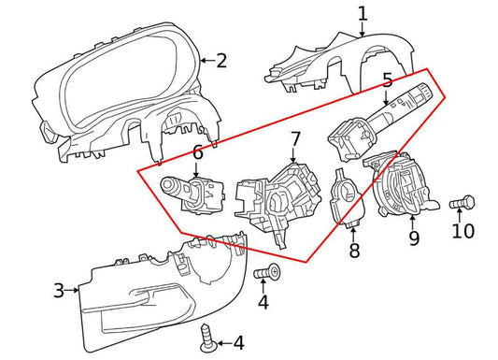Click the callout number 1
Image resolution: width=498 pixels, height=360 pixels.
pyautogui.click(x=363, y=14)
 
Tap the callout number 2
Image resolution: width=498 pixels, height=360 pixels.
pyautogui.click(x=221, y=61)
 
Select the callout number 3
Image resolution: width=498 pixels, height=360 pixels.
pyautogui.click(x=59, y=291)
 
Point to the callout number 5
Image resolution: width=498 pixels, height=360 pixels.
pyautogui.click(x=387, y=80)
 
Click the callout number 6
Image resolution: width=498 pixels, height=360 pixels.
pyautogui.click(x=197, y=152)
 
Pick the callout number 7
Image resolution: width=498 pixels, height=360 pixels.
pyautogui.click(x=295, y=139)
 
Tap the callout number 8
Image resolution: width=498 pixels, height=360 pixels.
pyautogui.click(x=354, y=250)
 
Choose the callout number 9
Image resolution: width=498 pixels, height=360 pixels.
pyautogui.click(x=414, y=238)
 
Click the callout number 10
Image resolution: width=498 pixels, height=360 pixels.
pyautogui.click(x=463, y=231)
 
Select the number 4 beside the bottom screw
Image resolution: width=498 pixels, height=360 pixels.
pyautogui.click(x=239, y=343)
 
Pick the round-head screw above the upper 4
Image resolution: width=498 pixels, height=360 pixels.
pyautogui.click(x=267, y=272)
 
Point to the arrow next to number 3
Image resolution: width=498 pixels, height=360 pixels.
pyautogui.click(x=71, y=290)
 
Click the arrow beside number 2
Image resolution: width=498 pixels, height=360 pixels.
pyautogui.click(x=207, y=60)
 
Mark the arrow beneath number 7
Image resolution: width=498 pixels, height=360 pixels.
pyautogui.click(x=292, y=156)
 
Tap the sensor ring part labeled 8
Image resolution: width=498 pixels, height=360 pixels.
pyautogui.click(x=347, y=198)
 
